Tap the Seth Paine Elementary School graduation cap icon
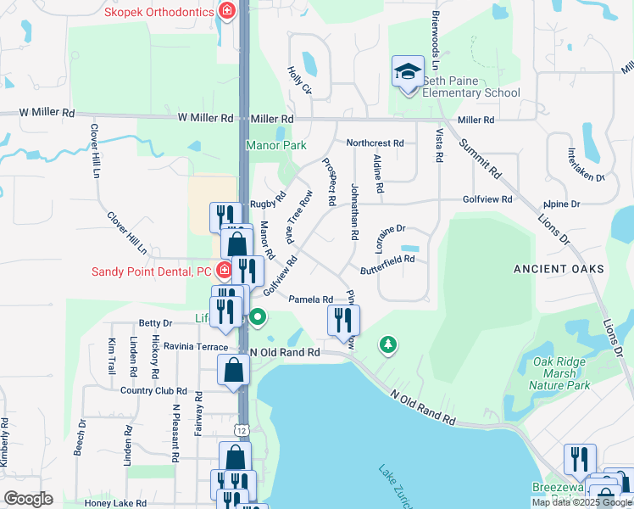click(408, 71)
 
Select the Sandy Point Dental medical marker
click(225, 271)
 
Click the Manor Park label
click(275, 145)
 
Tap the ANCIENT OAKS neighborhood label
click(559, 269)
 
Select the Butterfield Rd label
click(387, 260)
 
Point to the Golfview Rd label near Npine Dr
click(487, 199)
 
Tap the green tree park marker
click(387, 344)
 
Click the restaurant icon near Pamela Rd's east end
click(343, 320)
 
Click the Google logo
click(29, 499)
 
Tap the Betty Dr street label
click(155, 323)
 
